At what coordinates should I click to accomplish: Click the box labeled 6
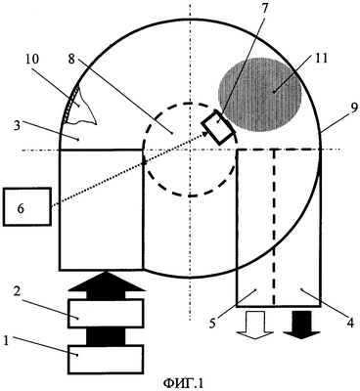[x=27, y=206]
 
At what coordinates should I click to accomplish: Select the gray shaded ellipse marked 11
[x=260, y=96]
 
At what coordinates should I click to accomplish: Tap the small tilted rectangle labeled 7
[x=218, y=127]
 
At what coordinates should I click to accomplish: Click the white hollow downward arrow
[x=254, y=325]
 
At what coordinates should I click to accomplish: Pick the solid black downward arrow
[x=301, y=325]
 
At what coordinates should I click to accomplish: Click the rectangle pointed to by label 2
[x=106, y=313]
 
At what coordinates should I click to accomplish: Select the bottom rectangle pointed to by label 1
[x=106, y=359]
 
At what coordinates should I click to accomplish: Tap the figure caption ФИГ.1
[x=183, y=383]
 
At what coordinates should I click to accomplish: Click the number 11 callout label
[x=321, y=59]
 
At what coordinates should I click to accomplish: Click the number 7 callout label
[x=263, y=8]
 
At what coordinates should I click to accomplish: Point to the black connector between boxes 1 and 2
[x=106, y=336]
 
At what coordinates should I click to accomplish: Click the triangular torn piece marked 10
[x=81, y=105]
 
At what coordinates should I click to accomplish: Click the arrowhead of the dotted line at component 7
[x=205, y=132]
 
